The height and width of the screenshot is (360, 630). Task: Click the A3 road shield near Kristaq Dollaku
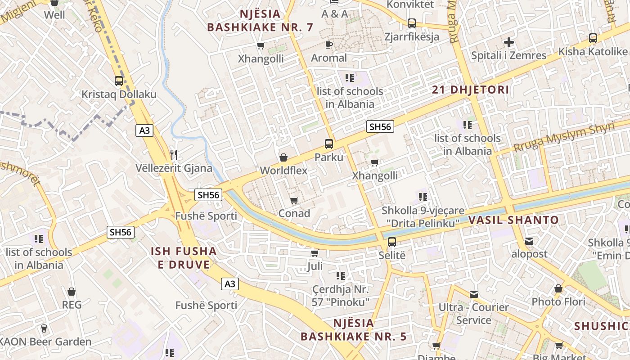pyautogui.click(x=144, y=131)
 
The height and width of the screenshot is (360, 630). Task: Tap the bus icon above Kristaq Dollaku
pyautogui.click(x=118, y=81)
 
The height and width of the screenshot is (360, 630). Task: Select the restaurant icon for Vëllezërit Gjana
pyautogui.click(x=174, y=155)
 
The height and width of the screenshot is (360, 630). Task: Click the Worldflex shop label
pyautogui.click(x=283, y=171)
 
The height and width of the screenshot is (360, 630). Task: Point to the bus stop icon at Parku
pyautogui.click(x=329, y=144)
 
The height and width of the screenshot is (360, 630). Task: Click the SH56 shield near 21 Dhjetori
pyautogui.click(x=380, y=127)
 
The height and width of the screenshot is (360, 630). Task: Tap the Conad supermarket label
pyautogui.click(x=294, y=213)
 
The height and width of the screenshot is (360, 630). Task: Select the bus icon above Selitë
pyautogui.click(x=392, y=242)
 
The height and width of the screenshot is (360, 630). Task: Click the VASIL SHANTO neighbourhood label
pyautogui.click(x=513, y=220)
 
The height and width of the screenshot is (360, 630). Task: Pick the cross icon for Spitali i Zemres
pyautogui.click(x=509, y=43)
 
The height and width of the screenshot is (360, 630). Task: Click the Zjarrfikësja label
pyautogui.click(x=411, y=36)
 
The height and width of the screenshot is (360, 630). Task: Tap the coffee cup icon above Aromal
pyautogui.click(x=329, y=45)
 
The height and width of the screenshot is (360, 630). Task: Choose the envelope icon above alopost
pyautogui.click(x=529, y=242)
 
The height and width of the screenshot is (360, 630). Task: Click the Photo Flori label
pyautogui.click(x=558, y=301)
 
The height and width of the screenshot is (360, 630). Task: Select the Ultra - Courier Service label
pyautogui.click(x=473, y=314)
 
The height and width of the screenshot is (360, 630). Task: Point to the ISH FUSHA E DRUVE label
pyautogui.click(x=184, y=258)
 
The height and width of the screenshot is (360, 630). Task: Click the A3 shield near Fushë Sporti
pyautogui.click(x=229, y=284)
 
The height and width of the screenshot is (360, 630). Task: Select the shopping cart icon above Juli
pyautogui.click(x=315, y=253)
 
